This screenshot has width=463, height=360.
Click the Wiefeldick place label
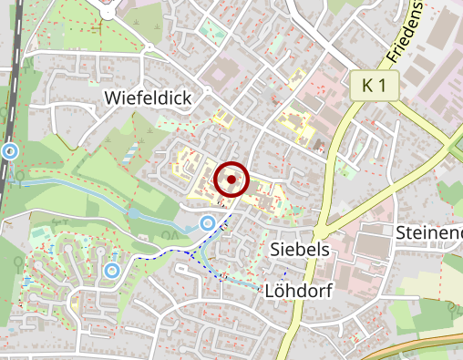click(148, 98)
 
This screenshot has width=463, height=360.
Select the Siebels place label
click(300, 249)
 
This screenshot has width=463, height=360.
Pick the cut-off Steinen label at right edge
click(429, 232)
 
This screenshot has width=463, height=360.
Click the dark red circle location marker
click(231, 180)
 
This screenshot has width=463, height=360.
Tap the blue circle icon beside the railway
click(10, 150)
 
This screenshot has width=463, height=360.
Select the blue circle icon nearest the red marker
click(207, 223)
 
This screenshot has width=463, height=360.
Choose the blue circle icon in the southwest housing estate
click(111, 270)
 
